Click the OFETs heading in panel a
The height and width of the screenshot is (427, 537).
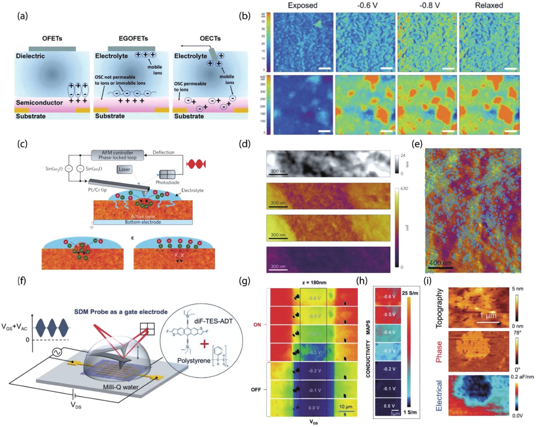(52, 38)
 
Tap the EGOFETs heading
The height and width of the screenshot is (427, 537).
(133, 38)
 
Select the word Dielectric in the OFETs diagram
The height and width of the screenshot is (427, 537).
(30, 56)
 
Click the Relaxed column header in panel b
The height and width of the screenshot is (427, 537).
(489, 5)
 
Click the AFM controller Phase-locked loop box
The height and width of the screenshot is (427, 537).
(117, 155)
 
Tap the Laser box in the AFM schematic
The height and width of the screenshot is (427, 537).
(124, 169)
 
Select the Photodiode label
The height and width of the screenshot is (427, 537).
(167, 182)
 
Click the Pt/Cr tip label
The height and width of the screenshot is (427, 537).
(97, 190)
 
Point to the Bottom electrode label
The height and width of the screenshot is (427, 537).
(143, 222)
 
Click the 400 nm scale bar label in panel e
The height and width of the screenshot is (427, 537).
(440, 263)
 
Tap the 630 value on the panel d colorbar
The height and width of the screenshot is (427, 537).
(404, 189)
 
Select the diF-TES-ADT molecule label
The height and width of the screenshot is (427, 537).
(213, 321)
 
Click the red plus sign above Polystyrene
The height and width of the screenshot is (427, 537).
(204, 344)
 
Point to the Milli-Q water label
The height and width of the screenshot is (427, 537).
(121, 387)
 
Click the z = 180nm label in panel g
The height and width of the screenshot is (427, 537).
(314, 282)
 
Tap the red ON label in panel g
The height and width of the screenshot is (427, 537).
(257, 325)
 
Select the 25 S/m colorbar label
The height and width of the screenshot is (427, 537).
(410, 293)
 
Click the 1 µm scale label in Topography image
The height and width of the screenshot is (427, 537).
(488, 315)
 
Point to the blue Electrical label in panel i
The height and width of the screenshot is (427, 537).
(439, 395)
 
